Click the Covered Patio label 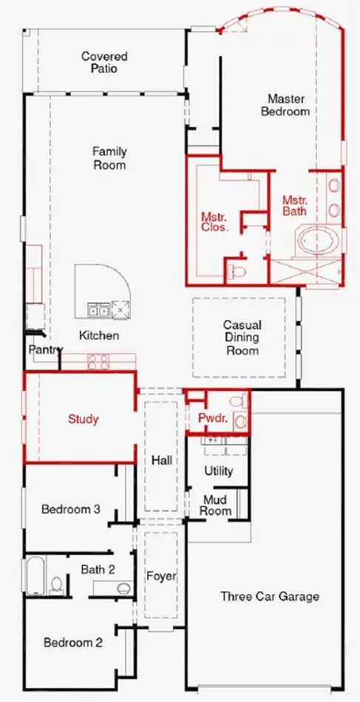(104, 62)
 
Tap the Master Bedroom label (285, 105)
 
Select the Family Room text (109, 158)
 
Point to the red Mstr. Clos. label (214, 222)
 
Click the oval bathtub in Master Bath (318, 240)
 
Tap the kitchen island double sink (98, 310)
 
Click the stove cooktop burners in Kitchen (98, 362)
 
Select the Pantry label (45, 350)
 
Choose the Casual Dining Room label (242, 337)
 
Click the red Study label (83, 420)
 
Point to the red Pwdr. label (213, 419)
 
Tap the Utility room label (219, 471)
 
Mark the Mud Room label (215, 505)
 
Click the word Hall (162, 460)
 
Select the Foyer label (162, 576)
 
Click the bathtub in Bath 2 (35, 575)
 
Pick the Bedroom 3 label (70, 509)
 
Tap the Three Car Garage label (270, 596)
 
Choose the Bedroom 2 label (73, 643)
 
